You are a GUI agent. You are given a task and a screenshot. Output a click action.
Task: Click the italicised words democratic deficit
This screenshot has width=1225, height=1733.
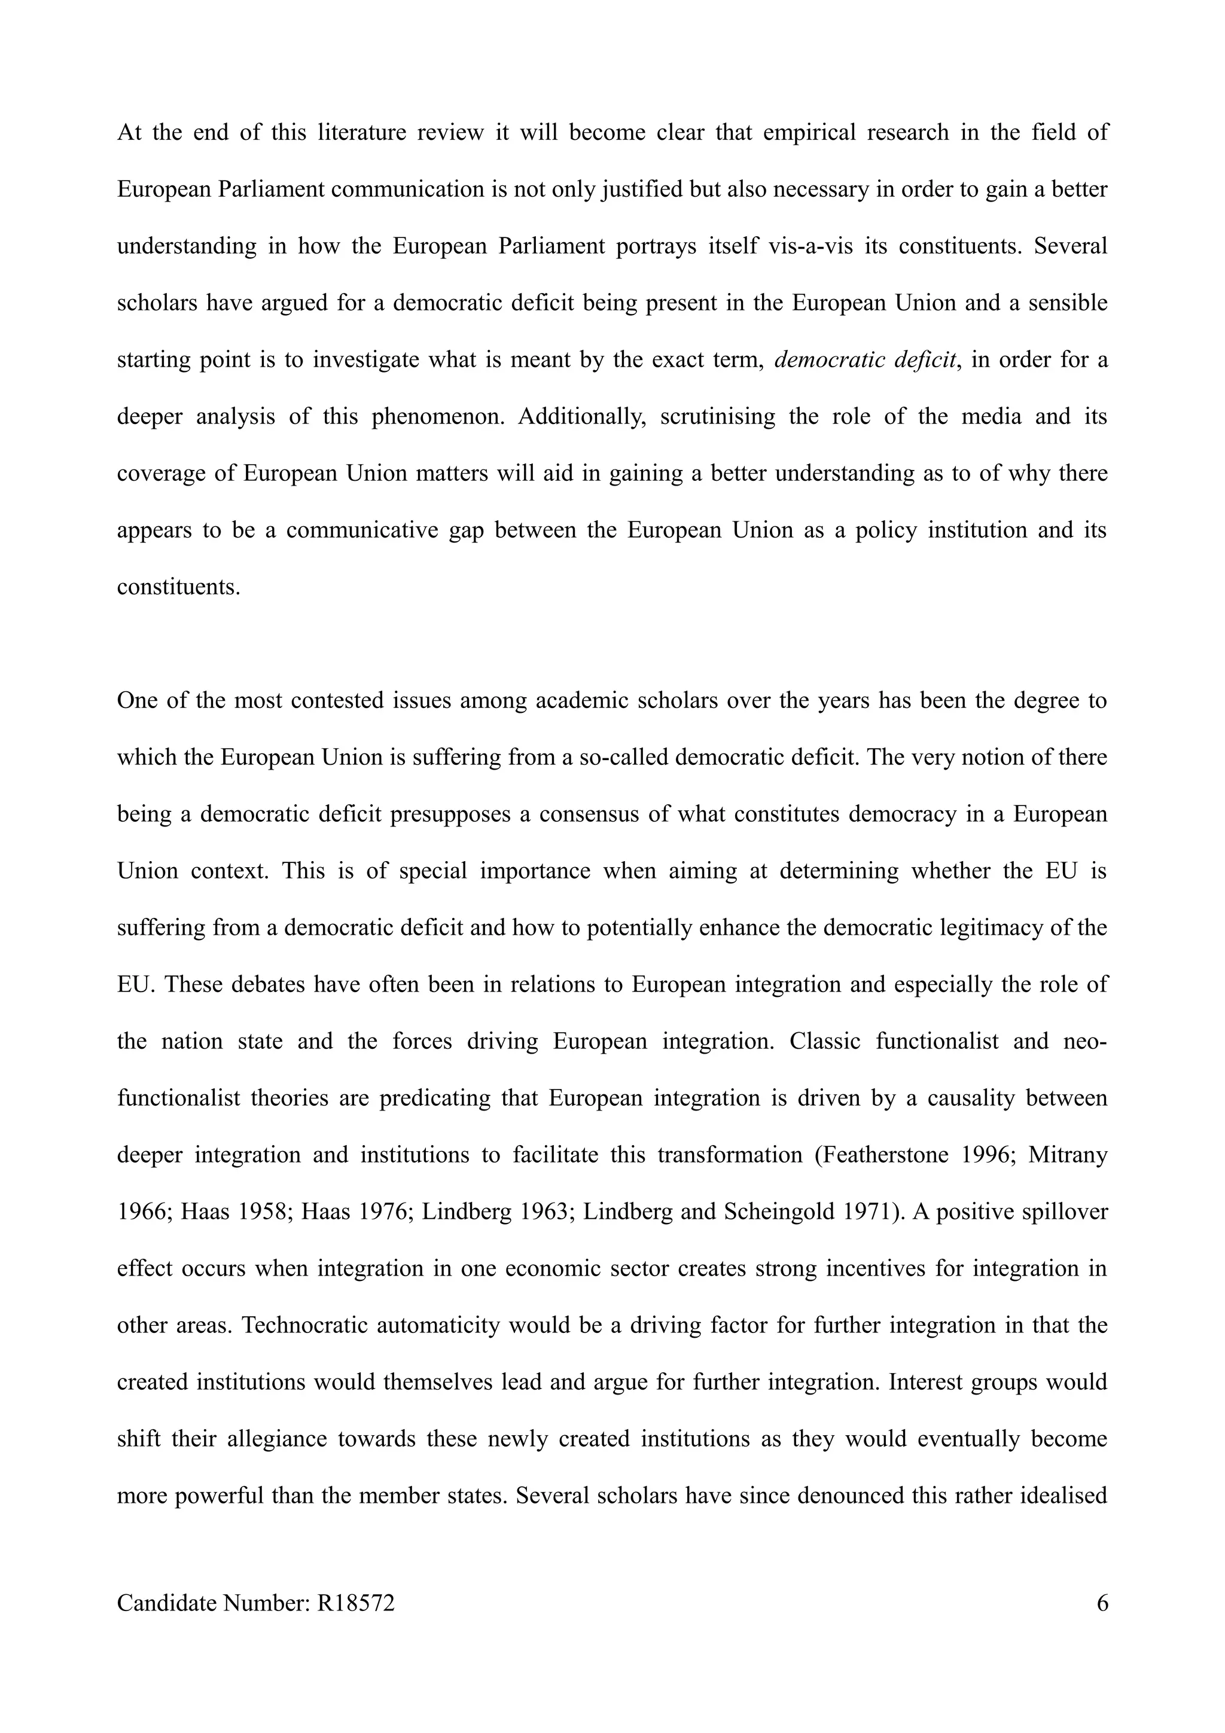click(867, 360)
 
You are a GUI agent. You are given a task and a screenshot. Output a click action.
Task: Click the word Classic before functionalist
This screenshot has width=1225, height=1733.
click(825, 1042)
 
